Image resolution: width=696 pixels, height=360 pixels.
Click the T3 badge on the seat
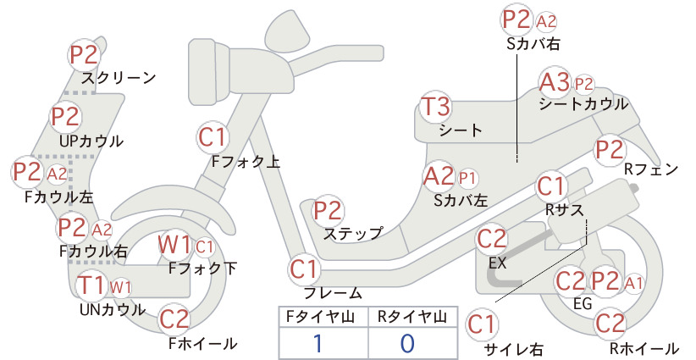(435, 107)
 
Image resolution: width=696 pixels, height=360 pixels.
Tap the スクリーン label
(119, 79)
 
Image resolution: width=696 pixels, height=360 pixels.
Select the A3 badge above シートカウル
(555, 82)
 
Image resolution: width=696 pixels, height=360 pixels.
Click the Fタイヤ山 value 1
(318, 343)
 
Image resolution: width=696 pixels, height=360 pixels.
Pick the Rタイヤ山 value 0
(407, 343)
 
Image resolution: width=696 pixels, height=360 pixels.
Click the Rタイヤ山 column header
(412, 317)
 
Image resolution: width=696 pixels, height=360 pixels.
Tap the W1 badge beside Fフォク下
(174, 245)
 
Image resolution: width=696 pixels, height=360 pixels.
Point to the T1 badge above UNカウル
(91, 285)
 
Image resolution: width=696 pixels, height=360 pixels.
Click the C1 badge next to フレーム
(304, 269)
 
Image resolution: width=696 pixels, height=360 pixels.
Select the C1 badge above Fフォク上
(213, 137)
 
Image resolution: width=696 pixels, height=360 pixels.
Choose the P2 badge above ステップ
(328, 211)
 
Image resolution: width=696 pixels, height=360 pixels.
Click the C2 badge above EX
(492, 239)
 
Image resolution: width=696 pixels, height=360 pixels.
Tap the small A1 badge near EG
(633, 283)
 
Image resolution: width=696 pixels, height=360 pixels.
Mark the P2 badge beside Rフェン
(610, 150)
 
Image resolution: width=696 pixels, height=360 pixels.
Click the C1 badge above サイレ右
(482, 324)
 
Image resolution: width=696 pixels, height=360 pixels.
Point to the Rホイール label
(644, 348)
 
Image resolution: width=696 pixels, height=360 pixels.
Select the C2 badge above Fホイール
(174, 319)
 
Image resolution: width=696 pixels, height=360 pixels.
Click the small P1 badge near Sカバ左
(467, 178)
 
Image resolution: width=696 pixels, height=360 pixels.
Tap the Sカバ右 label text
(533, 43)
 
